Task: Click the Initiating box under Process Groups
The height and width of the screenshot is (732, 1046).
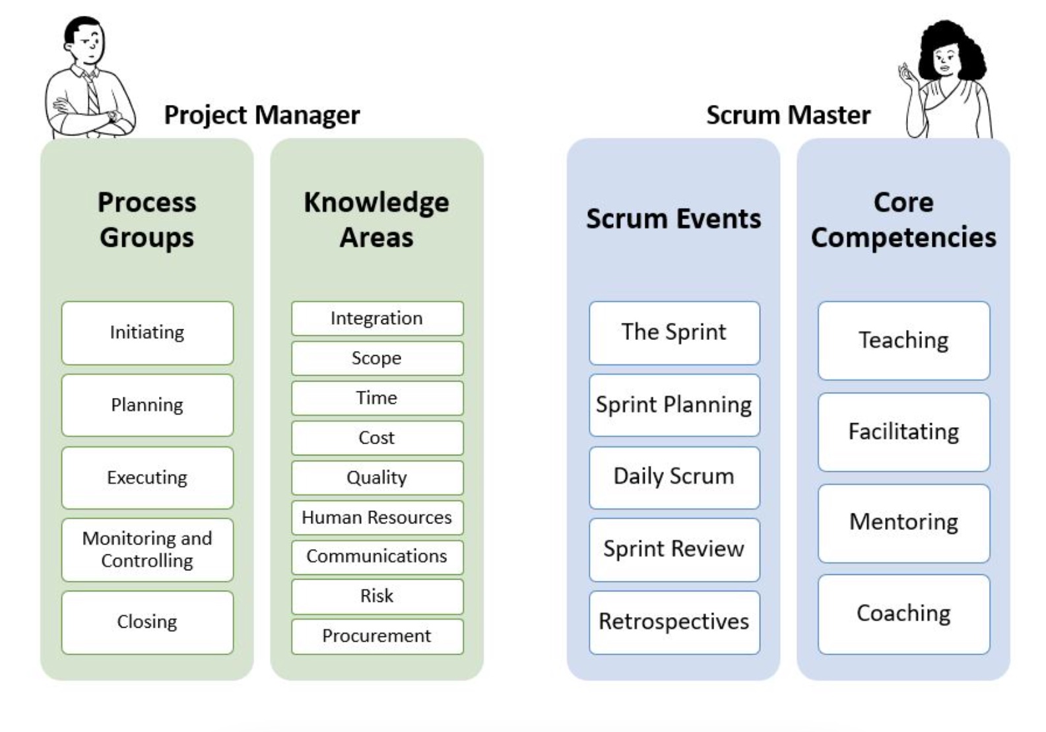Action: click(147, 333)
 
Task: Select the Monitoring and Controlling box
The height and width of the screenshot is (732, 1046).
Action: click(147, 549)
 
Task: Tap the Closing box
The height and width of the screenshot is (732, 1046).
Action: click(147, 622)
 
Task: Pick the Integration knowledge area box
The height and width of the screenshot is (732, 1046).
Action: click(377, 318)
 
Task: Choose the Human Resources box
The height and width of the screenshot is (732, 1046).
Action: click(377, 517)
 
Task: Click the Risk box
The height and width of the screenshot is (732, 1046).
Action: click(377, 596)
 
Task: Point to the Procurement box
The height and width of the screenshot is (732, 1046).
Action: click(377, 636)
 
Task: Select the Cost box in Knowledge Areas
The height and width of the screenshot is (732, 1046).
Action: click(377, 438)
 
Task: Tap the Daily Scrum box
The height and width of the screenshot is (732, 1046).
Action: click(674, 477)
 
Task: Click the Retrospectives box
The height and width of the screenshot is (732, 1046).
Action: click(674, 622)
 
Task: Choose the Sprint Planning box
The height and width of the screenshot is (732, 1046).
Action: click(674, 405)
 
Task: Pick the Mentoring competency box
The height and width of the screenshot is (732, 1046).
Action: click(903, 523)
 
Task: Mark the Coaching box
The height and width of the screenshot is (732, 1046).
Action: click(903, 614)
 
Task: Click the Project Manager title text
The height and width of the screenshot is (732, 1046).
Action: click(262, 116)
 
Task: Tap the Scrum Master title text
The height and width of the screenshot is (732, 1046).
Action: click(789, 116)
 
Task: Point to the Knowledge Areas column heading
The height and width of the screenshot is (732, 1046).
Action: click(377, 220)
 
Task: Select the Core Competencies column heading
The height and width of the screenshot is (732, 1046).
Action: click(903, 220)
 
